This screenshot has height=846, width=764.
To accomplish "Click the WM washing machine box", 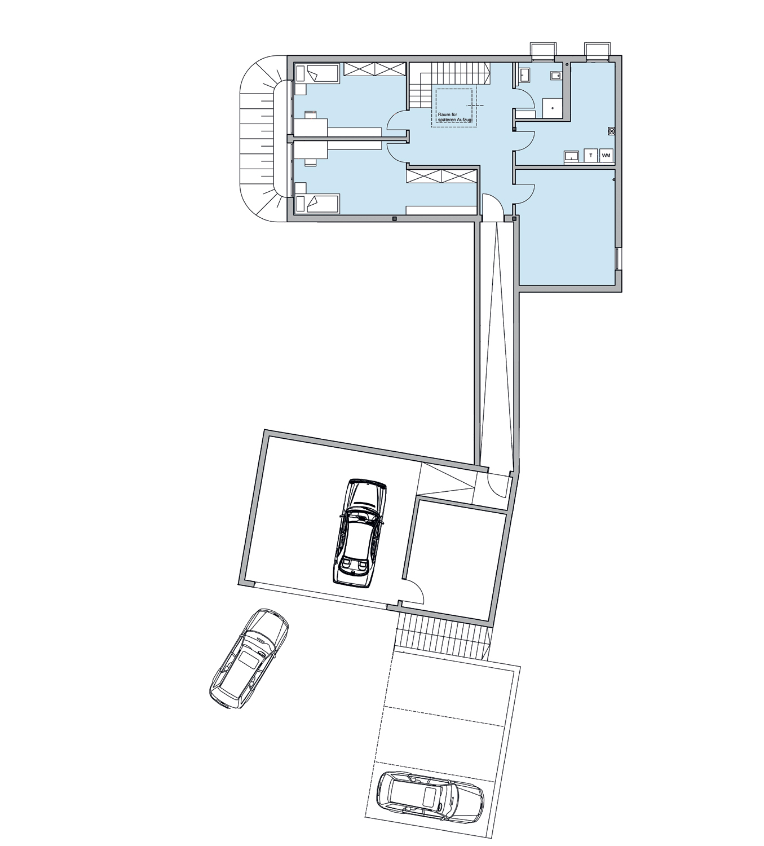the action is (606, 156).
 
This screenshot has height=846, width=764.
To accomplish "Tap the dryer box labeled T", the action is (590, 156).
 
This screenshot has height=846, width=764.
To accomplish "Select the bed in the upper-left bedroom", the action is (317, 73).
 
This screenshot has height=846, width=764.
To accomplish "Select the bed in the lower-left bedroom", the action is (317, 203).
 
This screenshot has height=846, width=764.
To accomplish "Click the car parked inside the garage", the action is (360, 533).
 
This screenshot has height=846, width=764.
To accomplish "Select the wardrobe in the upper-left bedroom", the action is (375, 69).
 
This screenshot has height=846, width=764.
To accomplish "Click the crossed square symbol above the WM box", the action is (611, 131).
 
